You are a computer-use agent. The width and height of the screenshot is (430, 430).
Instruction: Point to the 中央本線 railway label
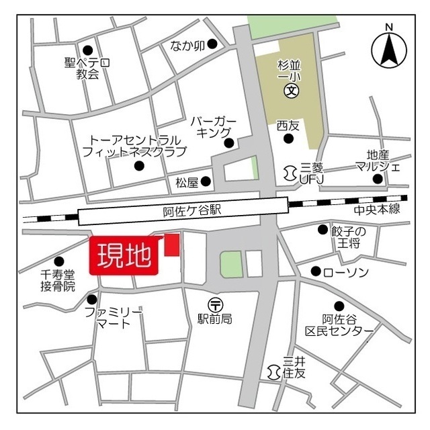(377, 210)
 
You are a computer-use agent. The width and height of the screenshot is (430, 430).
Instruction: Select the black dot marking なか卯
(212, 44)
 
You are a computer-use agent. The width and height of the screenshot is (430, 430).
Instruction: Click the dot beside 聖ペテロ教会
(87, 50)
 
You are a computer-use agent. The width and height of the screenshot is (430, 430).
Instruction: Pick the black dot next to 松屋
(206, 181)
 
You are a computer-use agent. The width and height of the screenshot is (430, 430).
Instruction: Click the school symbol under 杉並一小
(291, 90)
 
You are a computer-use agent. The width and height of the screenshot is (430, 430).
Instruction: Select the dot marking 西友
(289, 139)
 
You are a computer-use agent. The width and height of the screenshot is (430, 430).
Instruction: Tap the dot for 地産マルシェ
(378, 179)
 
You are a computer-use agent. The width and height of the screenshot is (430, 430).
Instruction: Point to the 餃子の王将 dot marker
(322, 230)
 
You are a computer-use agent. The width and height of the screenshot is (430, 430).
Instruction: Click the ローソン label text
(346, 272)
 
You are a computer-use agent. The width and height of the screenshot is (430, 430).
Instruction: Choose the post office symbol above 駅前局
(214, 304)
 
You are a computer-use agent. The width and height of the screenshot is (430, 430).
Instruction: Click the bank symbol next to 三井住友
(273, 371)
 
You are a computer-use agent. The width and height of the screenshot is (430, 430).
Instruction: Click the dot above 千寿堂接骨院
(59, 261)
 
